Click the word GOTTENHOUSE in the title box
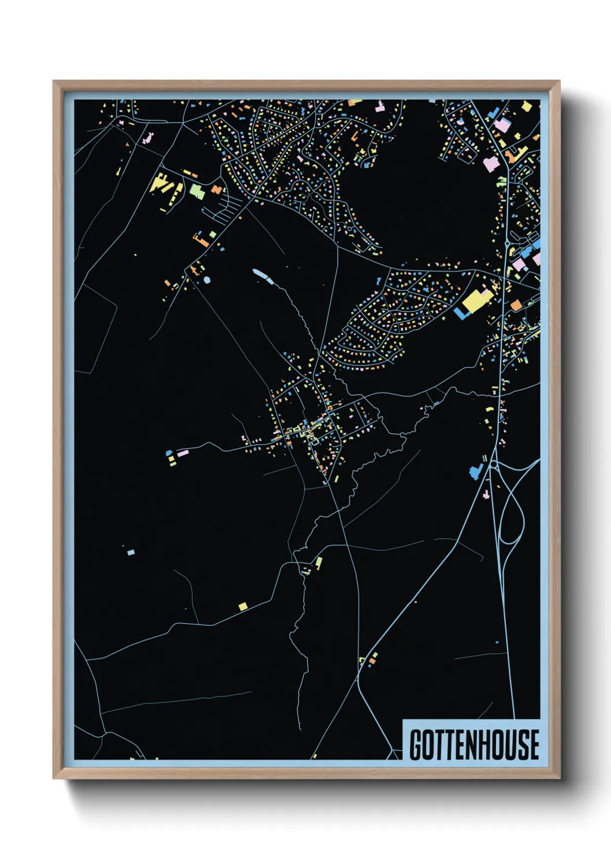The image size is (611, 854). point(474,744)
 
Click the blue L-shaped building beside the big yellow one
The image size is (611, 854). point(460,313)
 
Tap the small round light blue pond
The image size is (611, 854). point(207,280)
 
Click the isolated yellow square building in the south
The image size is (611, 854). point(243,606)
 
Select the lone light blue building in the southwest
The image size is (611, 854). point(131,552)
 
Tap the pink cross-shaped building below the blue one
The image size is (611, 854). point(486,495)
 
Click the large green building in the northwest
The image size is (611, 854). point(197,191)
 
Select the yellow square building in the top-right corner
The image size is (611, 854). point(526,106)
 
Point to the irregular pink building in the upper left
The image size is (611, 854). point(148,138)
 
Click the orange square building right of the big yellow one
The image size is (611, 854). point(516,305)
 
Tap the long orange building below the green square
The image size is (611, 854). point(202,241)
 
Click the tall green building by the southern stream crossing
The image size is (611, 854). point(319,561)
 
